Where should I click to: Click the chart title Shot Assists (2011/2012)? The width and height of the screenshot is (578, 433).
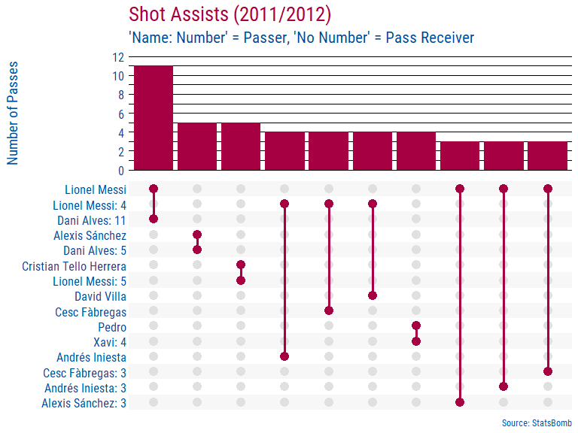point(230,14)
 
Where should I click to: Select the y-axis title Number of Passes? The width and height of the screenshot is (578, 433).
point(13,113)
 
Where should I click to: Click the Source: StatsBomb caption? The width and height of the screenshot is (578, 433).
point(537,422)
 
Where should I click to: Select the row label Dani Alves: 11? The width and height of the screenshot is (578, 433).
point(92,220)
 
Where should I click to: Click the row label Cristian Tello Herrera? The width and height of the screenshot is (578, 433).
point(74,266)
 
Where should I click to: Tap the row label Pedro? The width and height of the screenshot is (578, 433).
point(112,327)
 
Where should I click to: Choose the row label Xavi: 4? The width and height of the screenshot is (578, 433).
point(107,342)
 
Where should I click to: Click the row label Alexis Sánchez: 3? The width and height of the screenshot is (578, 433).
point(84,403)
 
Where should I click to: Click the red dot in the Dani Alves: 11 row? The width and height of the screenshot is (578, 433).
point(154,219)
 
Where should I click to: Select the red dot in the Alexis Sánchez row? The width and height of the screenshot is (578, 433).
point(197,235)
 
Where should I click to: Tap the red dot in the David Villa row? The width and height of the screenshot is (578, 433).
point(373,295)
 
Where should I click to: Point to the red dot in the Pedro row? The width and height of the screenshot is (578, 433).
point(416,326)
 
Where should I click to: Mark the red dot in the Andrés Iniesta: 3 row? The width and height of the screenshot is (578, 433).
point(503,387)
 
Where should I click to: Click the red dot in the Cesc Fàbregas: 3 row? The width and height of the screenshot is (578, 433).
point(548,371)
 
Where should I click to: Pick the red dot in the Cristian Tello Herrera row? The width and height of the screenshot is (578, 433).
point(241,265)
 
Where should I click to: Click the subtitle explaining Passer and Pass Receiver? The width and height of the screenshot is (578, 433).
point(301,38)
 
